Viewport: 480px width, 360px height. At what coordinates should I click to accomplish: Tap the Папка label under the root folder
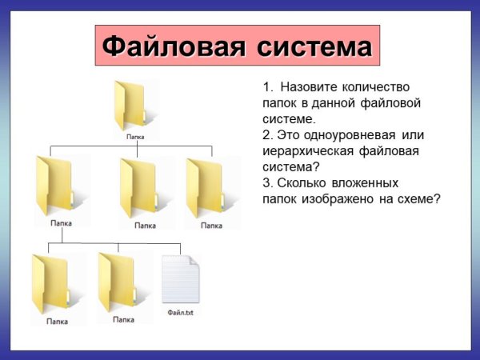point(135,137)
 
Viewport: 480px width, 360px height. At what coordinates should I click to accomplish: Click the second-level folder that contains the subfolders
point(55,186)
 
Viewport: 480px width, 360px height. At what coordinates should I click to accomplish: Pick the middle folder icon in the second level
point(139,186)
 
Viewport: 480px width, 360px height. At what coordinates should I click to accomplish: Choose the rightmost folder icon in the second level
point(206,186)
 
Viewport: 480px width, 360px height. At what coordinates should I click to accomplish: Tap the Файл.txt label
point(180,313)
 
